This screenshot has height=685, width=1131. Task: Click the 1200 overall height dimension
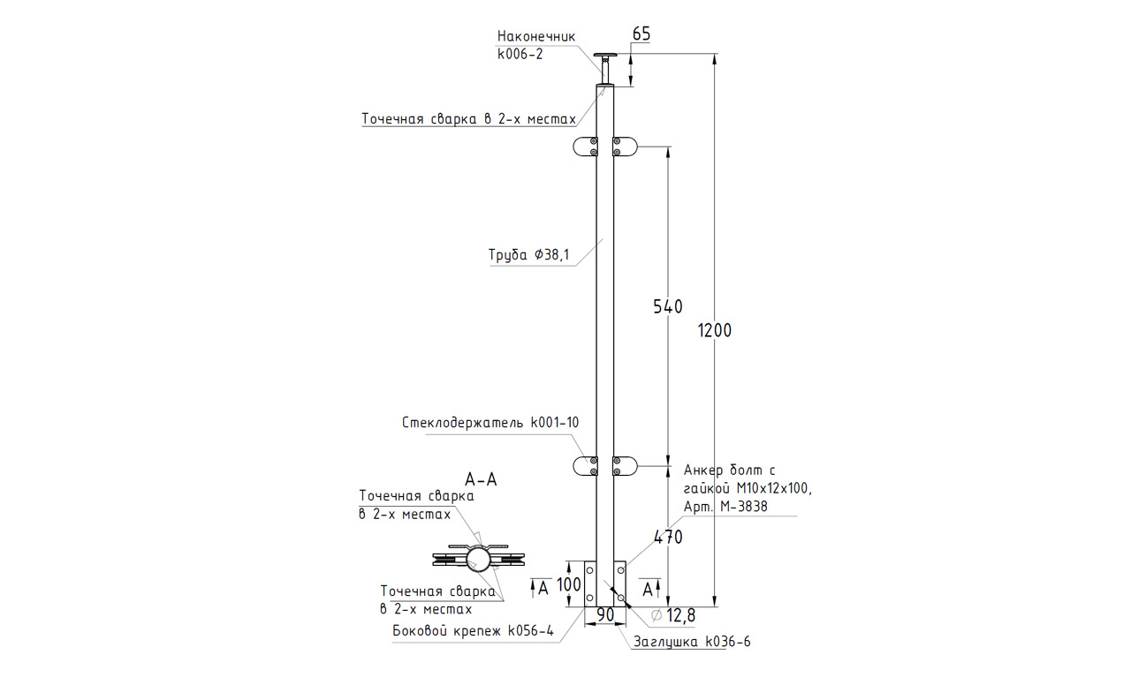715,331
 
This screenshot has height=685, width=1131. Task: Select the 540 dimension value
668,307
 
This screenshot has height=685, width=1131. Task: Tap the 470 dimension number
668,536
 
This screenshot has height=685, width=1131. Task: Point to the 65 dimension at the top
641,34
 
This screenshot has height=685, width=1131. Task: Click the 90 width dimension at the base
605,614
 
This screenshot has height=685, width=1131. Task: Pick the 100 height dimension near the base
569,584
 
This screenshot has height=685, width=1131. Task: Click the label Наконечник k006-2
536,45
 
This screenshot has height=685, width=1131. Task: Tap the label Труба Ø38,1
529,256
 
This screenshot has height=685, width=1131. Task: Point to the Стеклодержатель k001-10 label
490,423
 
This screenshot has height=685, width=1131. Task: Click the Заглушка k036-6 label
692,643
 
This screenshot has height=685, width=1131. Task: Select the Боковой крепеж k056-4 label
474,631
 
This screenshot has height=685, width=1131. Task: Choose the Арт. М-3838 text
725,507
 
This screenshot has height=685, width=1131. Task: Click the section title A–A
481,480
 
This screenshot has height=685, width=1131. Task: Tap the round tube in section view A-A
479,559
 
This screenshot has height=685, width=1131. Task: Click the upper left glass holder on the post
585,147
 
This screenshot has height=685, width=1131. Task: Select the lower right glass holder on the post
625,466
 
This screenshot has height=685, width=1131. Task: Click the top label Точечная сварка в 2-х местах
468,119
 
